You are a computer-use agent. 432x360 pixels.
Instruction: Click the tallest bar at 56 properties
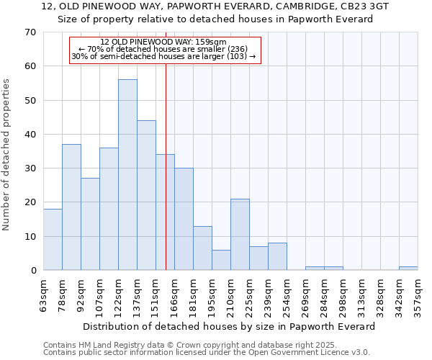127,175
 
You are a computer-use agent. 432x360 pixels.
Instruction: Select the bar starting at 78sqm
71,207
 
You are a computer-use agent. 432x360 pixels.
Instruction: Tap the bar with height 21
240,235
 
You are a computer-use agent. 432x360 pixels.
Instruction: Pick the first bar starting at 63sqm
53,240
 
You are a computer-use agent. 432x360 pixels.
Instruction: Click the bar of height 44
146,195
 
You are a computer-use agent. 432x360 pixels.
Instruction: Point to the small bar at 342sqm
408,269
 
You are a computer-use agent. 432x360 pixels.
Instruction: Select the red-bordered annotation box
165,50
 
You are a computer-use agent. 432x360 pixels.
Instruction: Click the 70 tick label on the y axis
30,32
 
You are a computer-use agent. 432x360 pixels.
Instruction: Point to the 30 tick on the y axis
30,168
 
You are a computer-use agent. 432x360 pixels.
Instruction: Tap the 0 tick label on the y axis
32,271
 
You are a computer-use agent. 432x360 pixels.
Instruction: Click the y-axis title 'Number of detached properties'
7,155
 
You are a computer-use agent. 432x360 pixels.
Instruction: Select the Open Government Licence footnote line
207,353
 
